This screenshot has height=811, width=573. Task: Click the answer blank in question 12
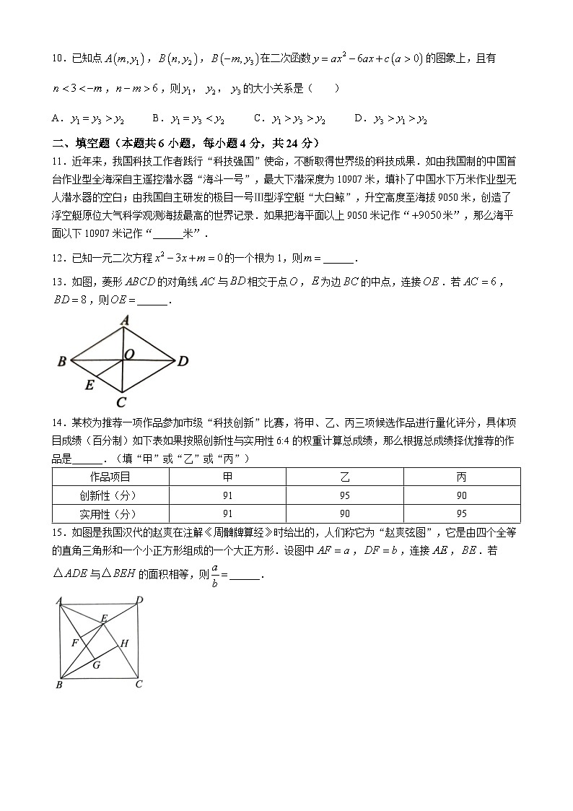pos(339,259)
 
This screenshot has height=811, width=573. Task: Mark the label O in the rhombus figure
pos(129,354)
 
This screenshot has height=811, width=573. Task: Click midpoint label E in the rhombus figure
pos(89,385)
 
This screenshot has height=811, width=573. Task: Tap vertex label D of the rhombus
pos(183,360)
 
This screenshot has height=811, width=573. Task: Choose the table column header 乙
pos(344,477)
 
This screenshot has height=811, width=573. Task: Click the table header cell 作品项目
pos(110,477)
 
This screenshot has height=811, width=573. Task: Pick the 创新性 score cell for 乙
pos(344,495)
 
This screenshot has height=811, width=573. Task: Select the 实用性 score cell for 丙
pos(462,513)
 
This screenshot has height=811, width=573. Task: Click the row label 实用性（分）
pos(110,513)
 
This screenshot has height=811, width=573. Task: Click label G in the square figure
pos(96,664)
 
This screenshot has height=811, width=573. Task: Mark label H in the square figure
pos(123,643)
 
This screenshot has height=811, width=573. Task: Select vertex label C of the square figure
pos(139,684)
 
